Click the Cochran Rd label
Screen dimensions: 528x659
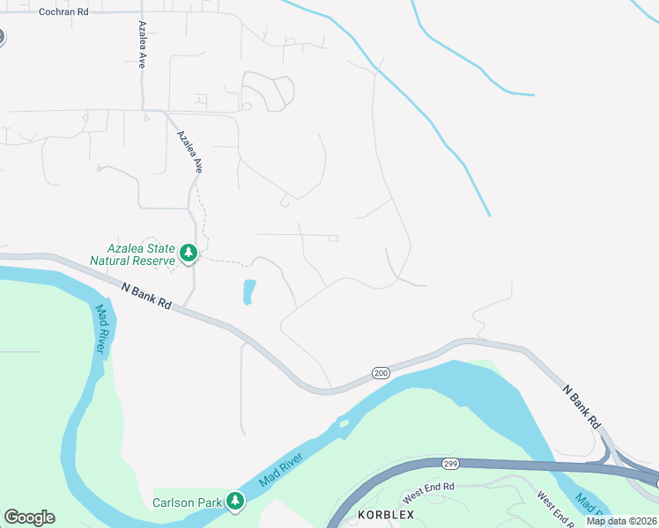click(63, 12)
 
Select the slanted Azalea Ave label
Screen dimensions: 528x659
click(189, 152)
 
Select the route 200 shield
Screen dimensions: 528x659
click(380, 373)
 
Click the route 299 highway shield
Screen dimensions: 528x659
click(451, 463)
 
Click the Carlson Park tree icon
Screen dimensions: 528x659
click(234, 501)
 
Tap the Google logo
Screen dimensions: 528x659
click(29, 517)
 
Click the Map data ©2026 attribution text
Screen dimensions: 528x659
click(622, 521)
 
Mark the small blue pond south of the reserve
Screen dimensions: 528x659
click(248, 292)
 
